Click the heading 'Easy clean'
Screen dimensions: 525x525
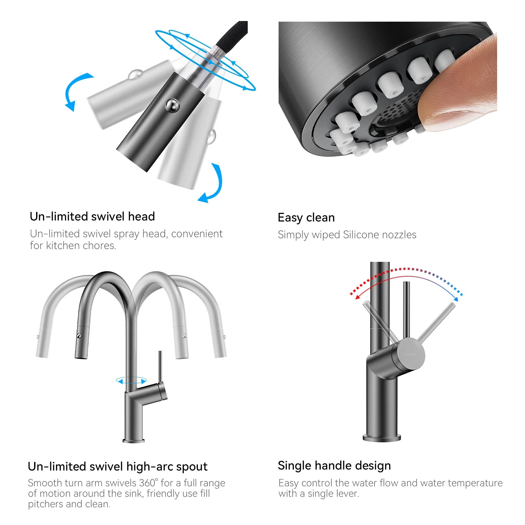[306, 218]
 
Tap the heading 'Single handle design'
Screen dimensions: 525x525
[334, 466]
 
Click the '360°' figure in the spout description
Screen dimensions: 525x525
[148, 483]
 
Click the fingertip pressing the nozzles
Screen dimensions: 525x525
[459, 89]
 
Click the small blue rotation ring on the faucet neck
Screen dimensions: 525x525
[131, 381]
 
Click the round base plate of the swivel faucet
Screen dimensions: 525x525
[133, 440]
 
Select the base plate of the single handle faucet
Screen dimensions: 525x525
[382, 438]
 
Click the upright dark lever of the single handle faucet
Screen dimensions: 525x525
[407, 308]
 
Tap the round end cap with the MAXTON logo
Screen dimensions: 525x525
[411, 354]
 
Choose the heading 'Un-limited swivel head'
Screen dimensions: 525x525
[92, 217]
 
